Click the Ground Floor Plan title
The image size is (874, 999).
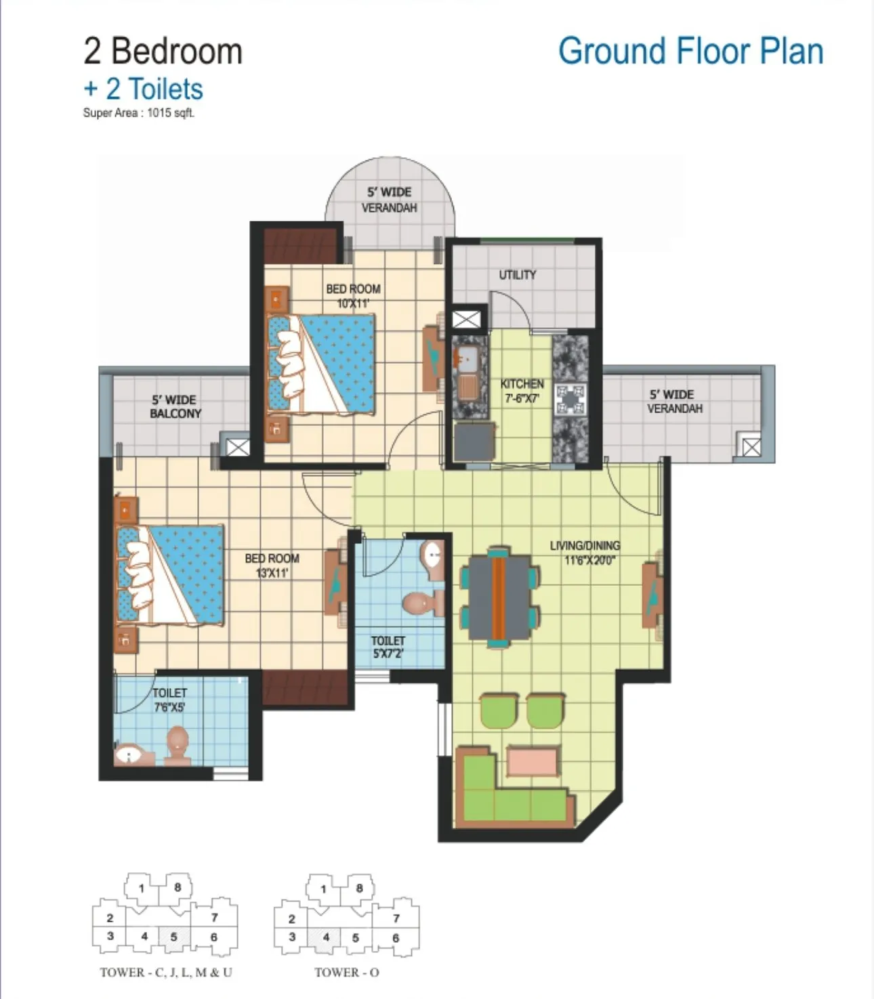(x=690, y=51)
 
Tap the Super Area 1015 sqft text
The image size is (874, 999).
(x=139, y=113)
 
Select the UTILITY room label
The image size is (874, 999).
(x=518, y=275)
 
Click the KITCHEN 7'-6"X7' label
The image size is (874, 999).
(x=522, y=391)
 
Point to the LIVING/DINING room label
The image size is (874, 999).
(x=585, y=553)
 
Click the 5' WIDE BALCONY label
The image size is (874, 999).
(x=175, y=407)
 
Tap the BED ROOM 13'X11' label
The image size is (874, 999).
(x=272, y=566)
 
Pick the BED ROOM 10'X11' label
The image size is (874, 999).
(x=353, y=296)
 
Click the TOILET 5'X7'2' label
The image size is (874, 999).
(x=388, y=647)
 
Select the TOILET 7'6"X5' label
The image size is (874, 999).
(x=169, y=700)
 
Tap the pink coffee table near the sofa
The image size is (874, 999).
(x=532, y=761)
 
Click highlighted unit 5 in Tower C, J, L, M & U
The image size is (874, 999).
(x=174, y=937)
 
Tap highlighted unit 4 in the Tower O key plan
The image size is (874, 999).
(x=326, y=937)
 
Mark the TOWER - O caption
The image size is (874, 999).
(x=347, y=972)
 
